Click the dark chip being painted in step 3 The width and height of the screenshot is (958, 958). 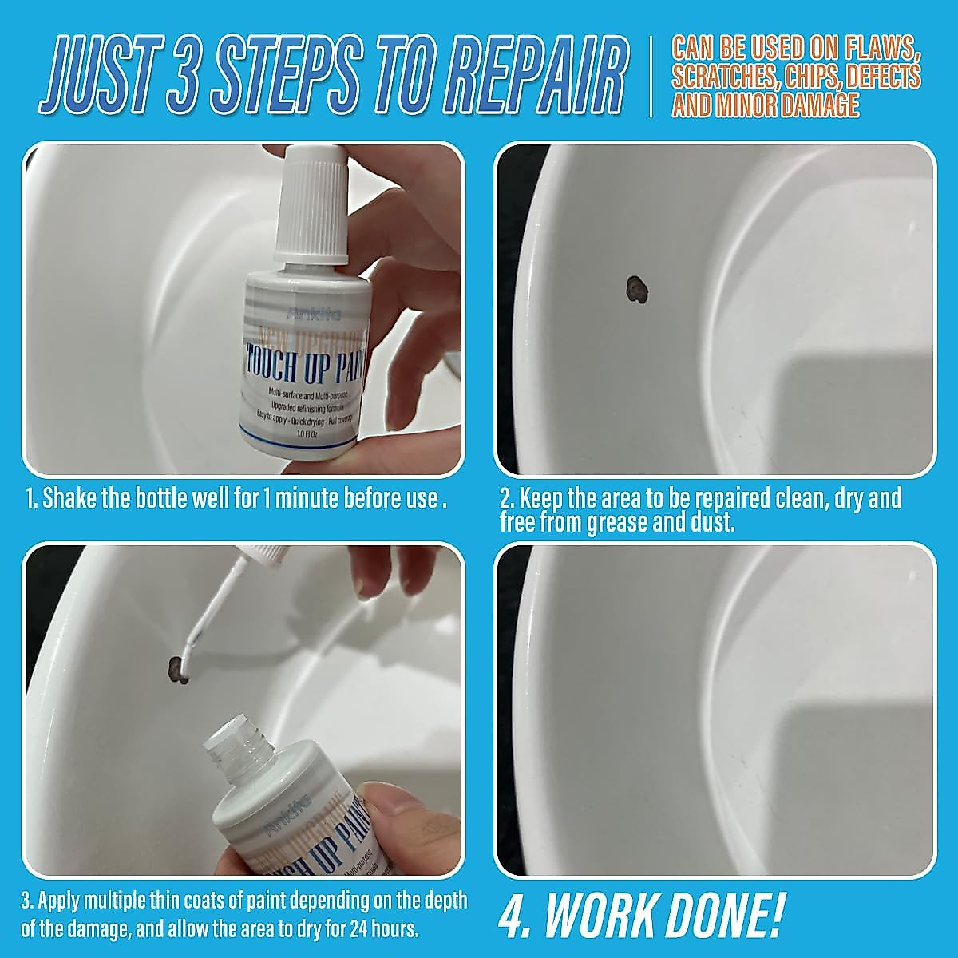(x=176, y=668)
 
